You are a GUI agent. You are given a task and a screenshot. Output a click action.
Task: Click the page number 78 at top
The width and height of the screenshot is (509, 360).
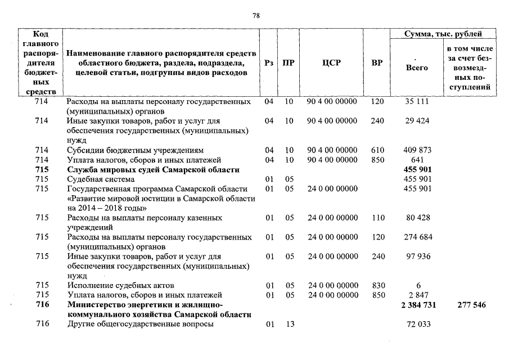tap(255, 15)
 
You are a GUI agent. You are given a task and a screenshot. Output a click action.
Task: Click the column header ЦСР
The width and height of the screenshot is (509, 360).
tap(331, 63)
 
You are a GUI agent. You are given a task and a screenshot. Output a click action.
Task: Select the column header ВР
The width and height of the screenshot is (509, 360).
tap(377, 63)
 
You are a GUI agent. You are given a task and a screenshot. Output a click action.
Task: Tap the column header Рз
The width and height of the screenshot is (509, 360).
tap(269, 63)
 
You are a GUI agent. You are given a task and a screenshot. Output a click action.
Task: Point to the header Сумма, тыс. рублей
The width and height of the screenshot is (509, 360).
tap(444, 34)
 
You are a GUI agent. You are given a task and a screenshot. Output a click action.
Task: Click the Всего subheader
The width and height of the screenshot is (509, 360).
tap(416, 67)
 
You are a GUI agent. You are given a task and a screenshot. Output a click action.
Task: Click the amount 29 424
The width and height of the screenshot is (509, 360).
tap(417, 121)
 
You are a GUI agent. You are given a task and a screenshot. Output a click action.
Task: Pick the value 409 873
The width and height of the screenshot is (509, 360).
tap(417, 150)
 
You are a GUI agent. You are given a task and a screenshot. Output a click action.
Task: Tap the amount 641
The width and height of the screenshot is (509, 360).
tap(417, 160)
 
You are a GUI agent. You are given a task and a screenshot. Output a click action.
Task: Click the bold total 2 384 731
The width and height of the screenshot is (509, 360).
tap(417, 305)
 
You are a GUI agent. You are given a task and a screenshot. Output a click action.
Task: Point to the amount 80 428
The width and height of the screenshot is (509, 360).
tap(417, 218)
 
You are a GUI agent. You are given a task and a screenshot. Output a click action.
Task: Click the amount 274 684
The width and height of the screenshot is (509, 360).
tap(417, 237)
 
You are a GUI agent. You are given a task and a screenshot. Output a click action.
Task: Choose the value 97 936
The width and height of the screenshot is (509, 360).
tap(417, 256)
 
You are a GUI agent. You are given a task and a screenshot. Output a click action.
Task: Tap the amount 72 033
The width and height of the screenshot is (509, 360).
tap(417, 325)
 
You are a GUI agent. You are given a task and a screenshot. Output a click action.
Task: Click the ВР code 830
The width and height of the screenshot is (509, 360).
tap(377, 286)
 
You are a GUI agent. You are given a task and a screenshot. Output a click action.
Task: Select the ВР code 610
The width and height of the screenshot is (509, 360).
tap(377, 150)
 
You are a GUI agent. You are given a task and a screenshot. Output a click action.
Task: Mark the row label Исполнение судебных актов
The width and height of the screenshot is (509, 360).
tap(120, 286)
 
